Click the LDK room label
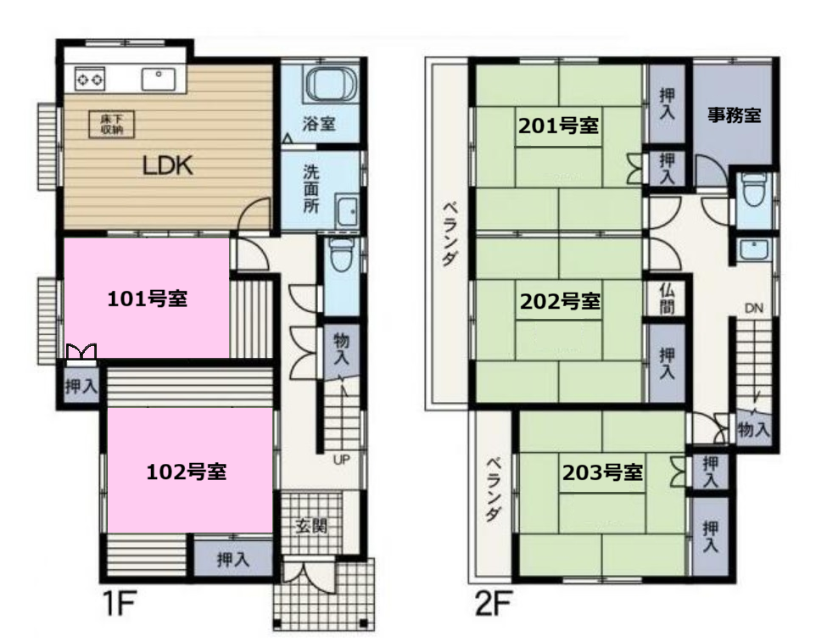168,165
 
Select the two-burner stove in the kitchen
90,80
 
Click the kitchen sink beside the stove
159,79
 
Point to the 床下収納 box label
111,124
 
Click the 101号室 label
147,299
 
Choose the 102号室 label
186,472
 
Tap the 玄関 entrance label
311,526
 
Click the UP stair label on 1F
341,460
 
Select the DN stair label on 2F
754,308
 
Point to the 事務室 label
735,114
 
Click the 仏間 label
668,298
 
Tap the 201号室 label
558,126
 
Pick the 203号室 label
602,472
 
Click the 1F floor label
120,604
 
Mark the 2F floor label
493,604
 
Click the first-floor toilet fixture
341,254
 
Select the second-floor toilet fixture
753,189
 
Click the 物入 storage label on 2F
754,430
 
